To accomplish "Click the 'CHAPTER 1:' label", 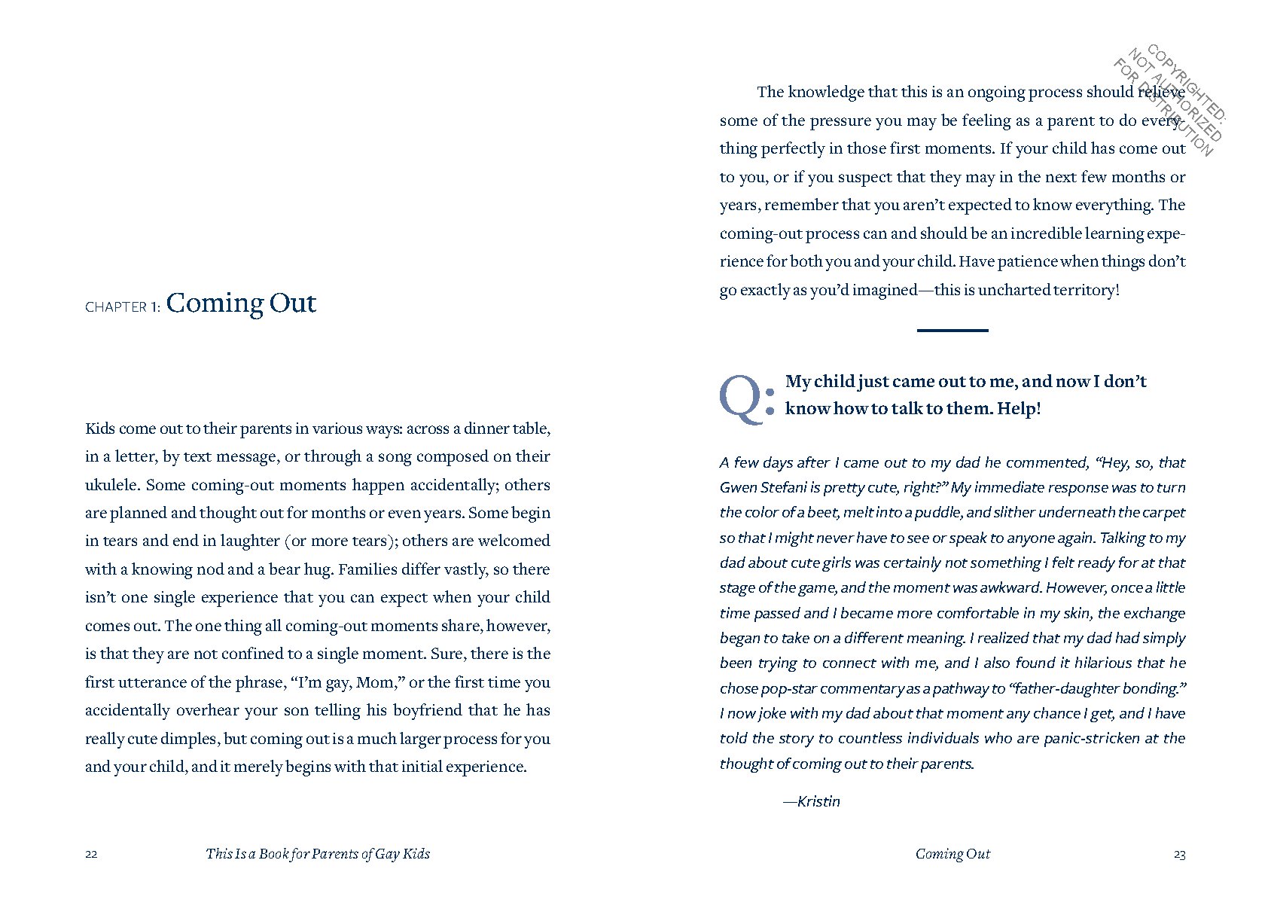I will point(123,307).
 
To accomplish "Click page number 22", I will point(91,854).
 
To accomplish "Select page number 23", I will point(1179,854).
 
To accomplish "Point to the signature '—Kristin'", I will point(812,801).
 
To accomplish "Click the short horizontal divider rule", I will point(952,330).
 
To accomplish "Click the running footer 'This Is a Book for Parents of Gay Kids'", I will point(318,854).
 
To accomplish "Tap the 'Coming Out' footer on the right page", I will point(952,854).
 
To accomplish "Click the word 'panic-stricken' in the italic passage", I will point(1090,739).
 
